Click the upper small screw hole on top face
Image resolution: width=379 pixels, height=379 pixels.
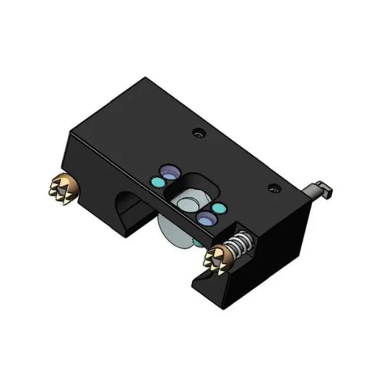200,134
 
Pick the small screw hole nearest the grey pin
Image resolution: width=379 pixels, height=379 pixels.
274,188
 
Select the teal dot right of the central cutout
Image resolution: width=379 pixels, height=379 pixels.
219,208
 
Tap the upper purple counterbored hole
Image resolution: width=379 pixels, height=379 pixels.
169,171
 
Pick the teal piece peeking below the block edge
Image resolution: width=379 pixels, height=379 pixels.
198,242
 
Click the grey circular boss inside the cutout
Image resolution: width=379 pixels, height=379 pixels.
188,203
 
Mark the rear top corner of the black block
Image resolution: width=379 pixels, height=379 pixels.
147,78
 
